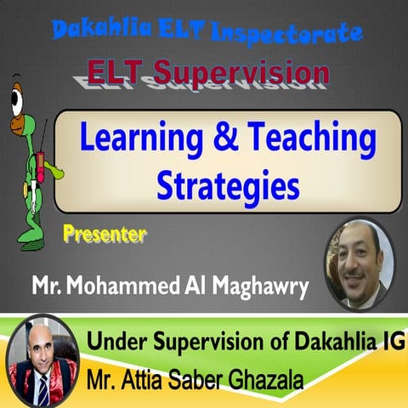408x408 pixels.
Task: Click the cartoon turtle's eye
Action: pyautogui.click(x=18, y=100)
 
